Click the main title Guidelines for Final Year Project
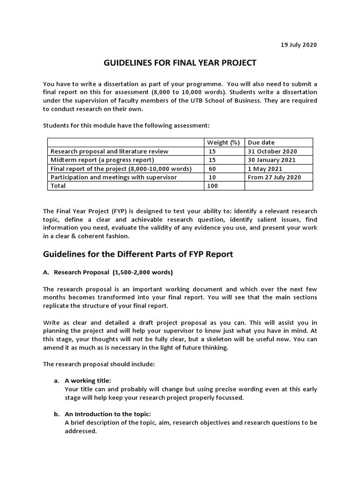[180, 63]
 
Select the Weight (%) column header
[224, 142]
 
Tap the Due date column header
[261, 142]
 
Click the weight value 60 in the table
[212, 168]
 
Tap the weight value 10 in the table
[212, 177]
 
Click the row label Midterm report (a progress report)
[102, 160]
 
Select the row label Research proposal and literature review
[109, 151]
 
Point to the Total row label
[58, 186]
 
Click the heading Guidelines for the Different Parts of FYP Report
[138, 255]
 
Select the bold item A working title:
[87, 381]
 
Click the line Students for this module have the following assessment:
[126, 125]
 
